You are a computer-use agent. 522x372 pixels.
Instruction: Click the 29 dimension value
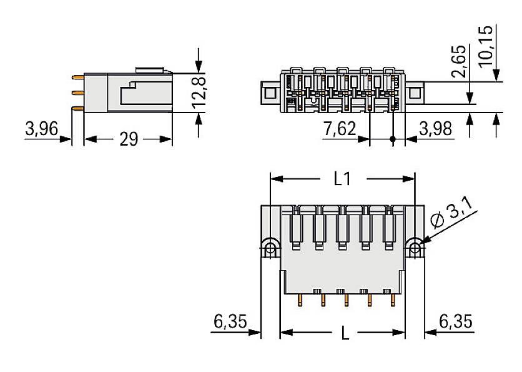[128, 139]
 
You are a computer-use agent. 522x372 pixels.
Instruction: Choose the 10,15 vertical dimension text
[486, 44]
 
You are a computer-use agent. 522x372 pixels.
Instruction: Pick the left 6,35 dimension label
[230, 322]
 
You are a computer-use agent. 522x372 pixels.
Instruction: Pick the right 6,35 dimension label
[456, 322]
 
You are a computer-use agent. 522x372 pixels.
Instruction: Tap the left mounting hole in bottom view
[270, 249]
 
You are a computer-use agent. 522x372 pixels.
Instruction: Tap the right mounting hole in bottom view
[415, 249]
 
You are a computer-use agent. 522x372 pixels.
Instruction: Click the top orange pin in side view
[78, 78]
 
